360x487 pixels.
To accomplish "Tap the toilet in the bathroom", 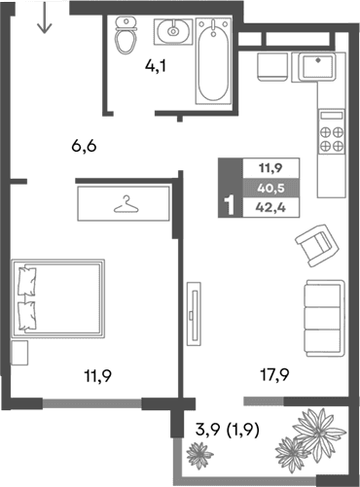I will (125, 37).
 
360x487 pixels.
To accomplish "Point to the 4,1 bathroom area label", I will (155, 67).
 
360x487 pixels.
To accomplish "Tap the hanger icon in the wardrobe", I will (126, 205).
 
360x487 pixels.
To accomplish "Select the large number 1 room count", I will (229, 205).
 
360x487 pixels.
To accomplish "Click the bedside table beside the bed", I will (19, 351).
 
